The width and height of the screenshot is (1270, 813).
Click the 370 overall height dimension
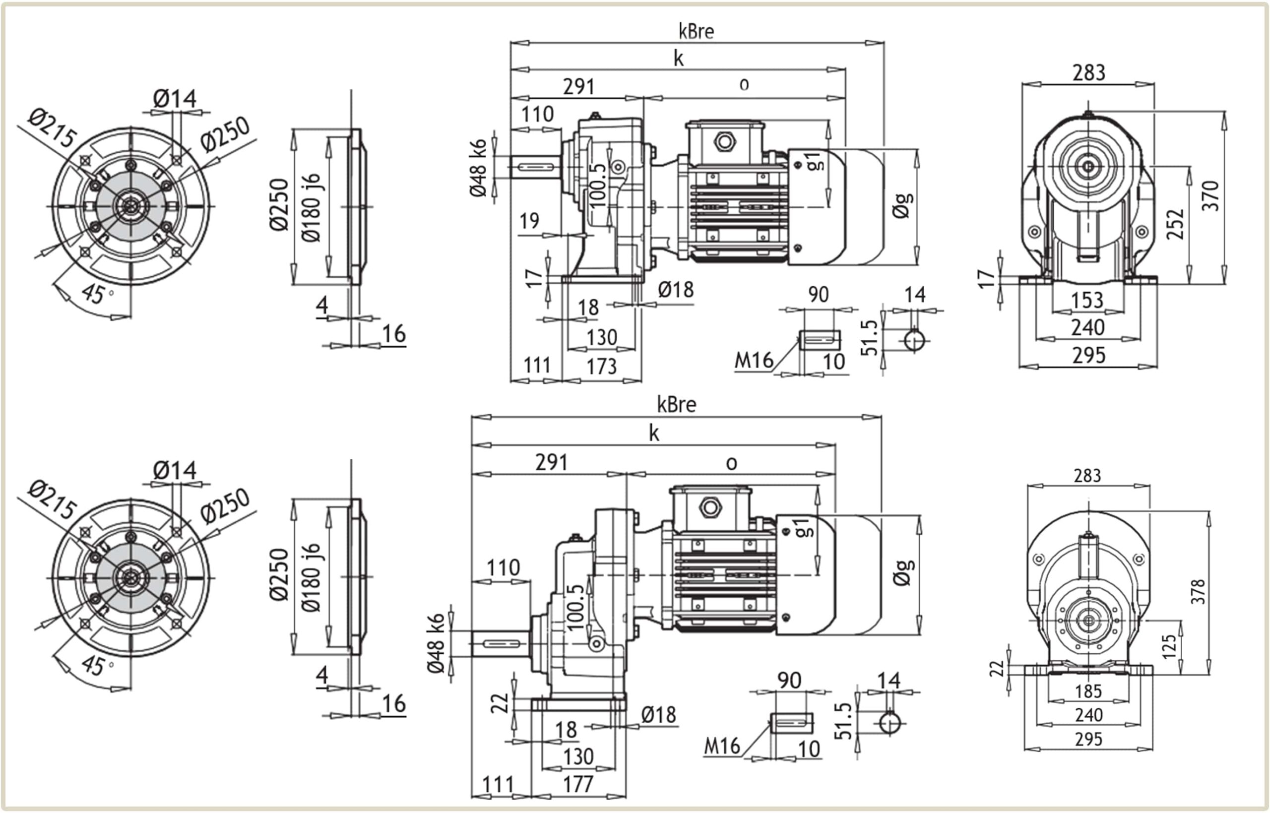(x=1210, y=196)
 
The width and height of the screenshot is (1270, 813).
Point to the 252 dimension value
(x=1175, y=224)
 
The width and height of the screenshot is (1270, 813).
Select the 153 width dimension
(x=1087, y=300)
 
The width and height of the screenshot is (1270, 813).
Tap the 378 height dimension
(x=1198, y=591)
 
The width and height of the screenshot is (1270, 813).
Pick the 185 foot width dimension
(x=1088, y=691)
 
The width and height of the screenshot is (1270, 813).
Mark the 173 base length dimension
(x=602, y=367)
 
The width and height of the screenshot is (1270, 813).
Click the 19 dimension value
(x=529, y=221)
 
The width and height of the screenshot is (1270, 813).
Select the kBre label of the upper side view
(x=696, y=32)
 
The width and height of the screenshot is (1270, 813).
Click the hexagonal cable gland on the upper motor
(x=724, y=141)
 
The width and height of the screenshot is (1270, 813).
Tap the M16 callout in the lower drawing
(x=722, y=746)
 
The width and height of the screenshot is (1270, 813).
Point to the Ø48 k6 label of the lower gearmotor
(x=436, y=643)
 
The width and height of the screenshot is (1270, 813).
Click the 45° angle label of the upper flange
(x=95, y=294)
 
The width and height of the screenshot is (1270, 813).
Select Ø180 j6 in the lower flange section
(x=312, y=577)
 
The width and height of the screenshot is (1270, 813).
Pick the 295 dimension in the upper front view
(x=1088, y=356)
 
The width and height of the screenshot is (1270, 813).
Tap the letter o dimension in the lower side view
(x=731, y=463)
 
